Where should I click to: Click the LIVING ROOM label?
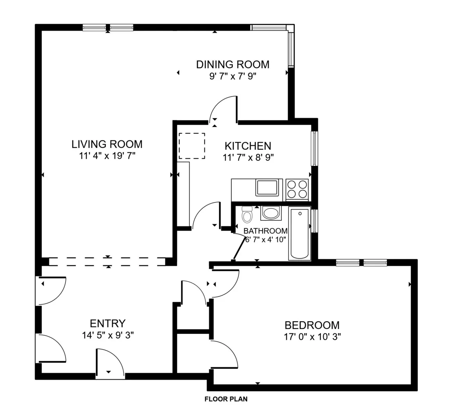tap(107, 144)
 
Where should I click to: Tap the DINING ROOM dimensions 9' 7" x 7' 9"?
tap(233, 76)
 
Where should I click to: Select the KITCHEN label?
tap(248, 146)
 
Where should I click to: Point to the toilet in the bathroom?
tap(247, 215)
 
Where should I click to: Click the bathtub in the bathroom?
tap(300, 234)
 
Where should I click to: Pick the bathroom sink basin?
tap(270, 213)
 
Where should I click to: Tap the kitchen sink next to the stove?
tap(269, 188)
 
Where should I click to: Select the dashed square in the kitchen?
tap(192, 146)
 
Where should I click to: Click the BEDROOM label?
tap(312, 325)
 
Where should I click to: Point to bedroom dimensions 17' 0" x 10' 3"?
tap(312, 337)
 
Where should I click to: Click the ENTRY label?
tap(107, 324)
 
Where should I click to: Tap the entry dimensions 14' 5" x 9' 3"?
tap(108, 335)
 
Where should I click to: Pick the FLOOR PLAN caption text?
tap(226, 399)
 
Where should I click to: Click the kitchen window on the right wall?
tap(313, 149)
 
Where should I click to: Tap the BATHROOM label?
tap(265, 231)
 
